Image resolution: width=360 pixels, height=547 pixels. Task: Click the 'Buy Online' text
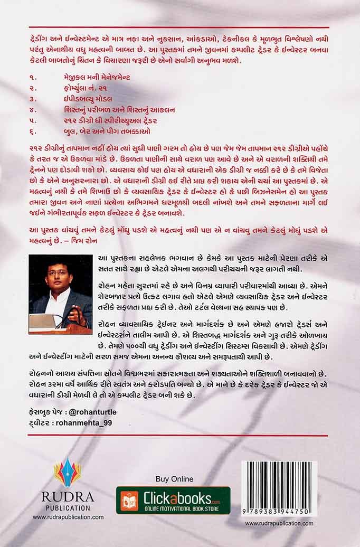pos(174,479)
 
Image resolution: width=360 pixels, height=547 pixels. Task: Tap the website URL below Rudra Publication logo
pos(68,517)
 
